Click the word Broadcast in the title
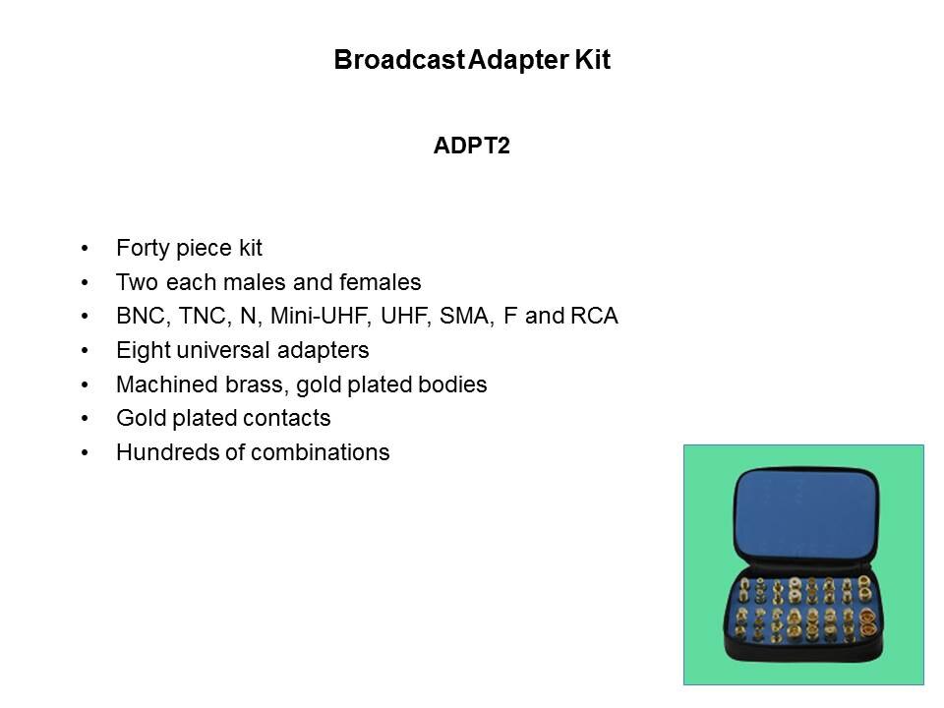[x=399, y=60]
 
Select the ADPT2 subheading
[x=471, y=146]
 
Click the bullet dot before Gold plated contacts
[x=85, y=419]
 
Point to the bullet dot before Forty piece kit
[x=85, y=248]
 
